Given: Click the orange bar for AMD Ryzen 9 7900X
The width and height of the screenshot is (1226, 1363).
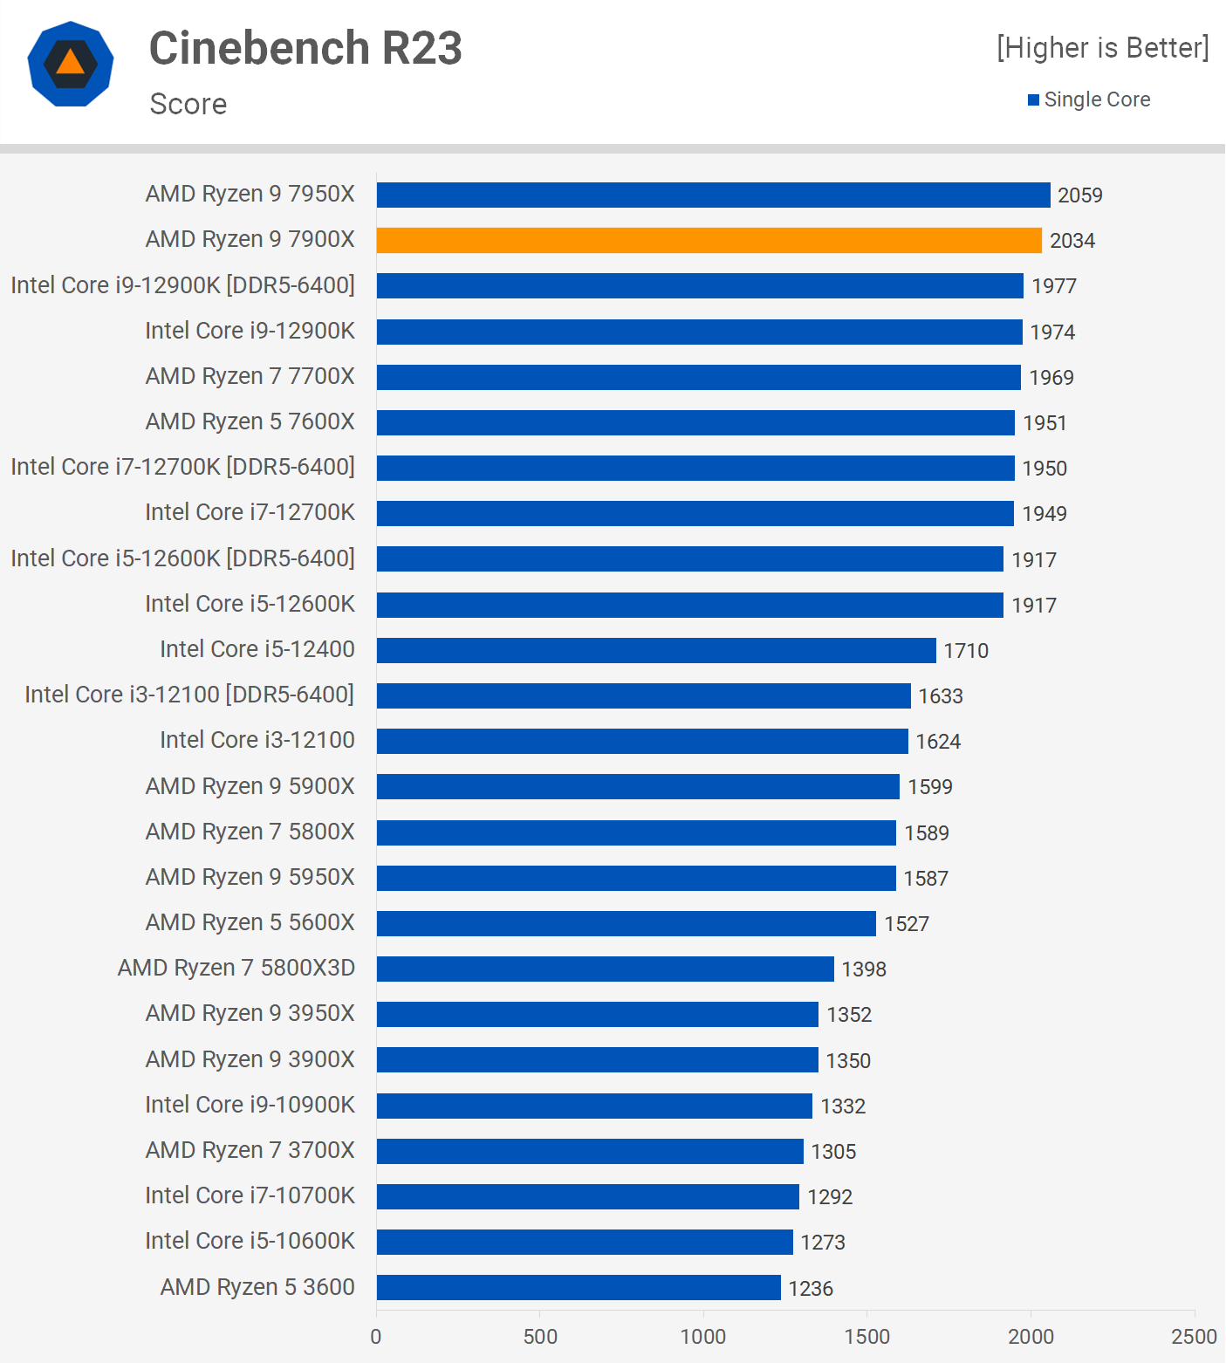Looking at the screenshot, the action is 709,240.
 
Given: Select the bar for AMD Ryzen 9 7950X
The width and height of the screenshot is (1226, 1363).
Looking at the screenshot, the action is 713,195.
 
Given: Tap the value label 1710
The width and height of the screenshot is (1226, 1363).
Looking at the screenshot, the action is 966,650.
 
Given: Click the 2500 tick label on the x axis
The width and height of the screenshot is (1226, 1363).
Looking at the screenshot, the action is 1194,1336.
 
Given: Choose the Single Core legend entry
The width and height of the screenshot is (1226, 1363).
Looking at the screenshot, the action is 1089,99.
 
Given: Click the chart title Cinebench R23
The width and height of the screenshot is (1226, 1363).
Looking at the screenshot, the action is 305,47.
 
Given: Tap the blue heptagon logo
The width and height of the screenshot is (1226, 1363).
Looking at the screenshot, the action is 71,64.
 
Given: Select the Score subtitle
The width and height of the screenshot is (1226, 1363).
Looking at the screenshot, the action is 188,104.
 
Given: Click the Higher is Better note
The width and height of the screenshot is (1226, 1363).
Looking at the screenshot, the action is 1103,47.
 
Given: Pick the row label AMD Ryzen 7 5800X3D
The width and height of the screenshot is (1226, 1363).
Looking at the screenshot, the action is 236,968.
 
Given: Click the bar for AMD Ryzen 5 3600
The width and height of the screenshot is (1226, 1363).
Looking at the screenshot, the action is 579,1287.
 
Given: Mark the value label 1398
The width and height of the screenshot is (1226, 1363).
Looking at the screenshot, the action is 864,969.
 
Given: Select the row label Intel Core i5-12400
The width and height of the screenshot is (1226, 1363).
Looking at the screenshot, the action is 257,649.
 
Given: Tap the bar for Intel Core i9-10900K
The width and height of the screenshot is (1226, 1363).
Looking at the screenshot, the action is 594,1106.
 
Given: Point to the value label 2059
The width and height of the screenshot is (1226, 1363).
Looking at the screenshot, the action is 1080,195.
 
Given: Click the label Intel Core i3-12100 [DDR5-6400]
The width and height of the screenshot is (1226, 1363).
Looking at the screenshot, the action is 189,695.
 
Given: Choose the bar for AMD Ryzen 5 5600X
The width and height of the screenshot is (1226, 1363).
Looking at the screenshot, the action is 627,923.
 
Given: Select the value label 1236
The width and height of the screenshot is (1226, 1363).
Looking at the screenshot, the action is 811,1288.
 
